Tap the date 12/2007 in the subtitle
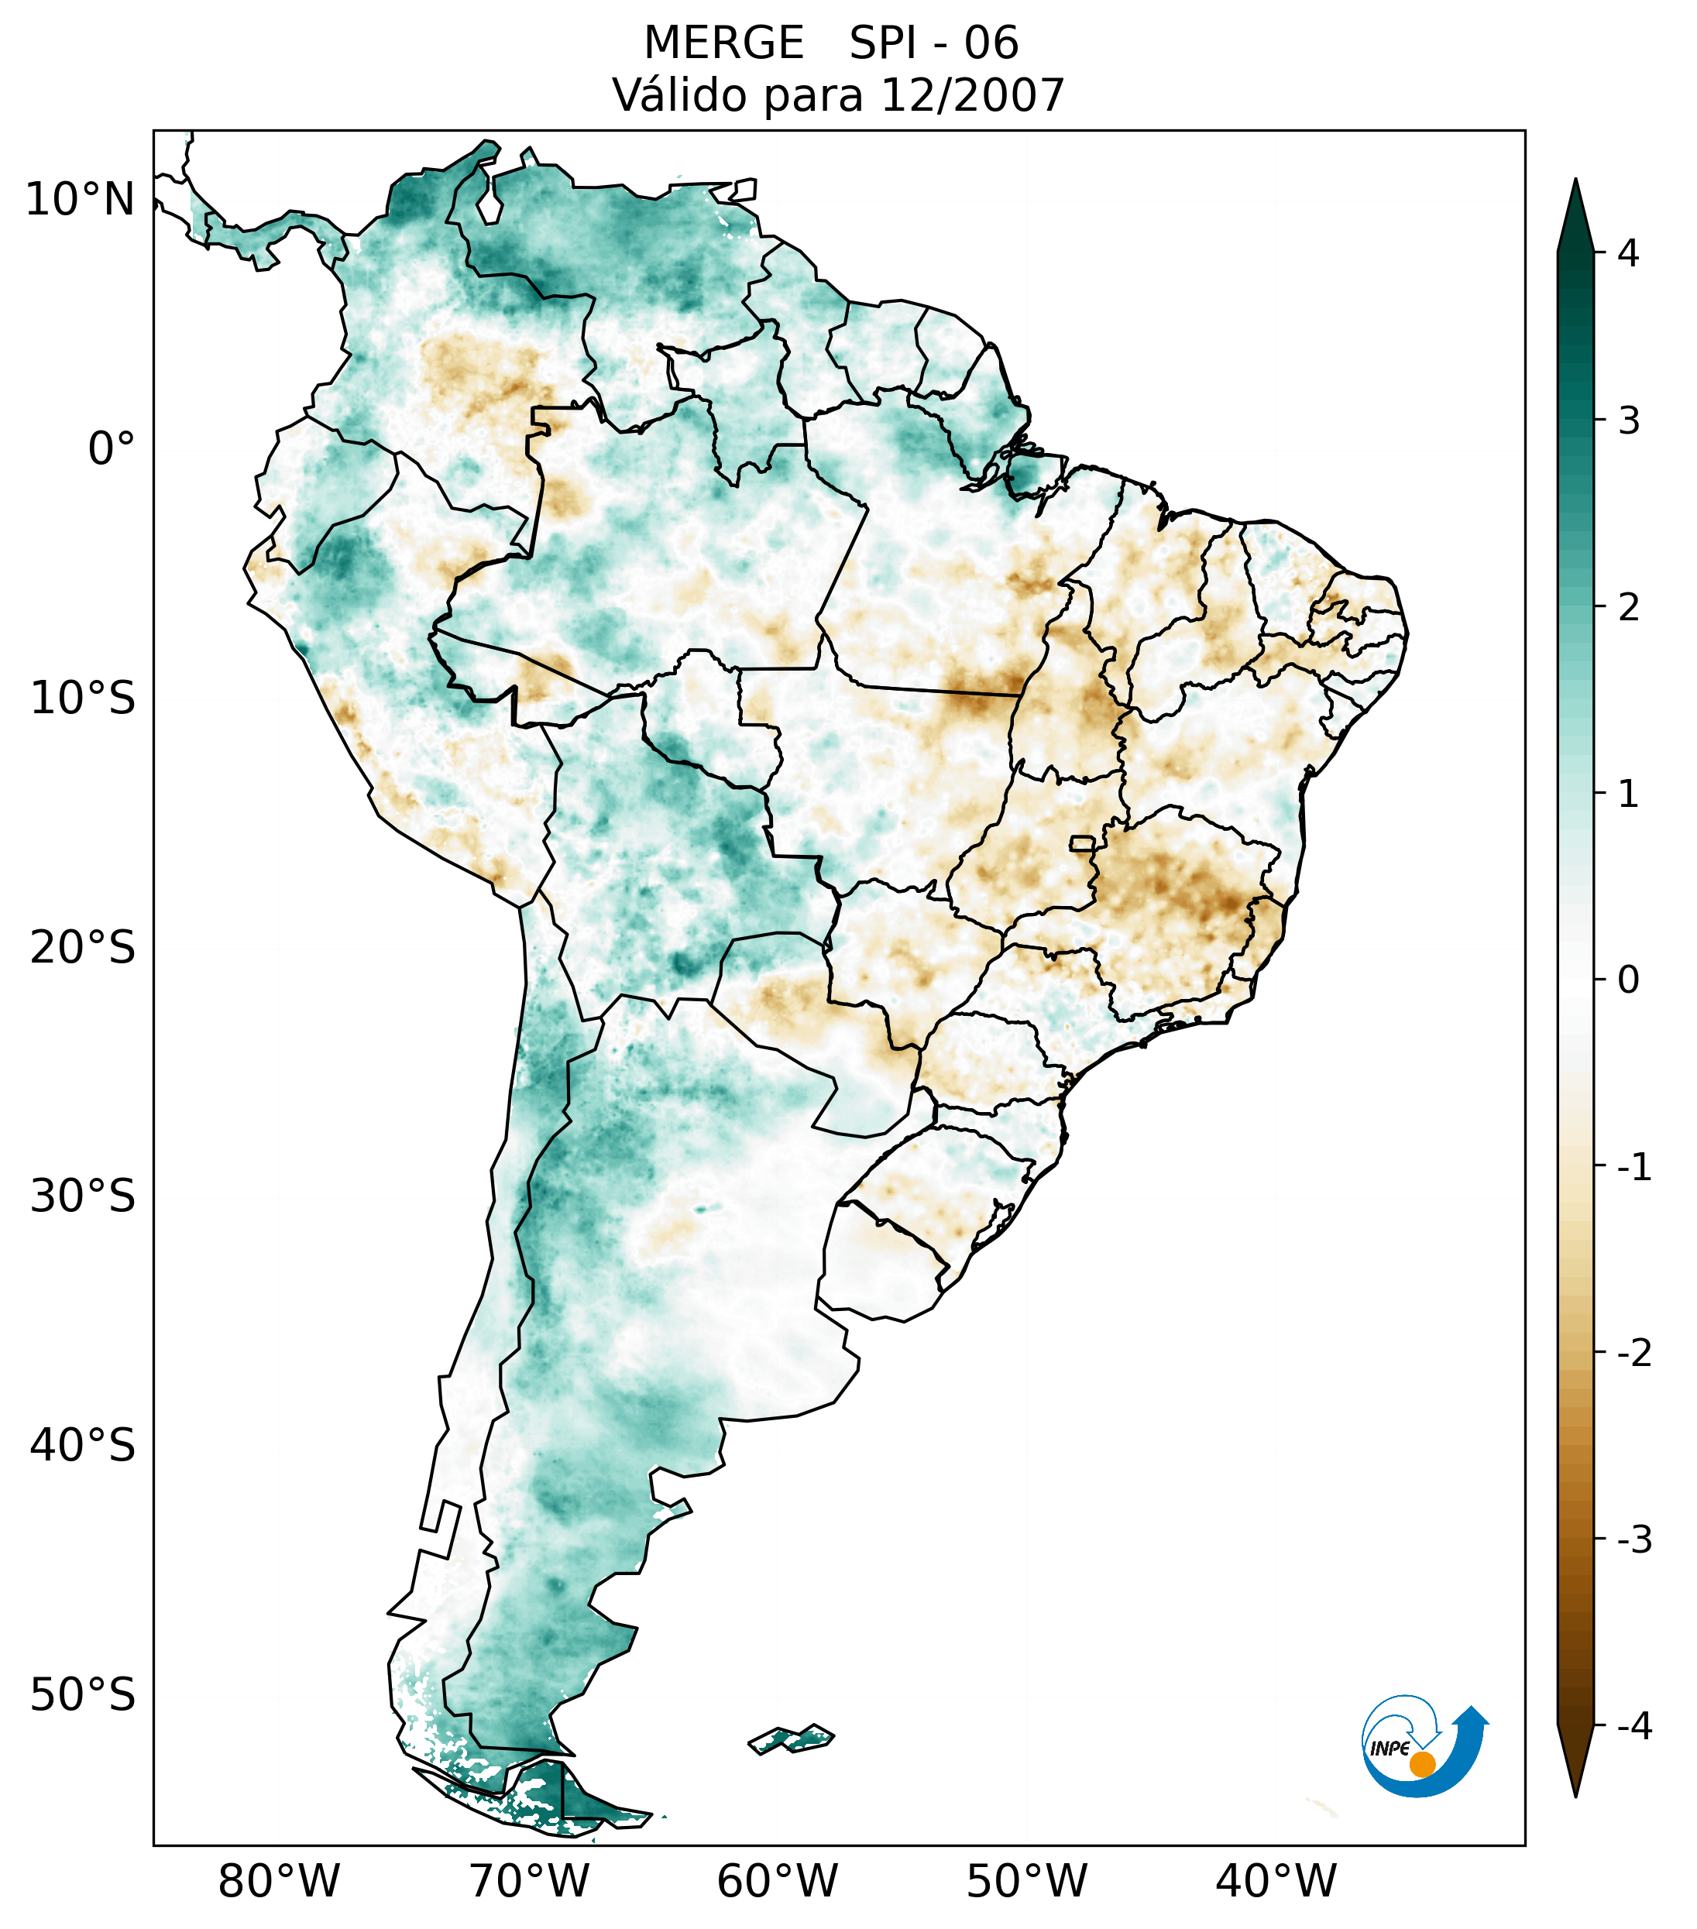coord(971,95)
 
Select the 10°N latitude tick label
coord(79,200)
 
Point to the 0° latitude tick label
coord(111,449)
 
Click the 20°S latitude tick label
coord(83,948)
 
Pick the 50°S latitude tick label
coord(83,1696)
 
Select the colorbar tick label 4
coord(1628,253)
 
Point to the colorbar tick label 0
coord(1628,980)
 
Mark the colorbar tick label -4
coord(1633,1726)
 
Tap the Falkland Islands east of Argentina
coord(791,1738)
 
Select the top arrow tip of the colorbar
coord(1575,181)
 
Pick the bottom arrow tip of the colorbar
coord(1575,1795)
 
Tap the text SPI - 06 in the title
coord(933,43)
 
